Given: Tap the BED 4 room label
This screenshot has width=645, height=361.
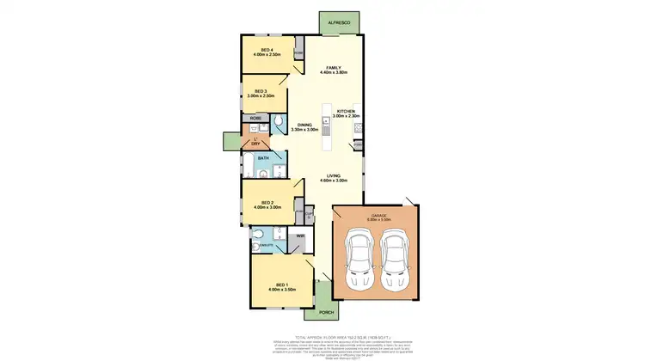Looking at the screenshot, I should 267,51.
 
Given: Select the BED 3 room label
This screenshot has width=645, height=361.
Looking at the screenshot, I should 259,90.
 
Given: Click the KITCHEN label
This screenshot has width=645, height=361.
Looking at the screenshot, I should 346,111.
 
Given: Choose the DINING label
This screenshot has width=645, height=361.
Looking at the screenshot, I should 305,125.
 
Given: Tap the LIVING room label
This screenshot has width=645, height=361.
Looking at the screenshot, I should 335,175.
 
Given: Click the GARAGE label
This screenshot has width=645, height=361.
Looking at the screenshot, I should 380,216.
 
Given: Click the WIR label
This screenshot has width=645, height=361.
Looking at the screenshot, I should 301,236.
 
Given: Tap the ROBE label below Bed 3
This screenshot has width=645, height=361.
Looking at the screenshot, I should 256,117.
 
